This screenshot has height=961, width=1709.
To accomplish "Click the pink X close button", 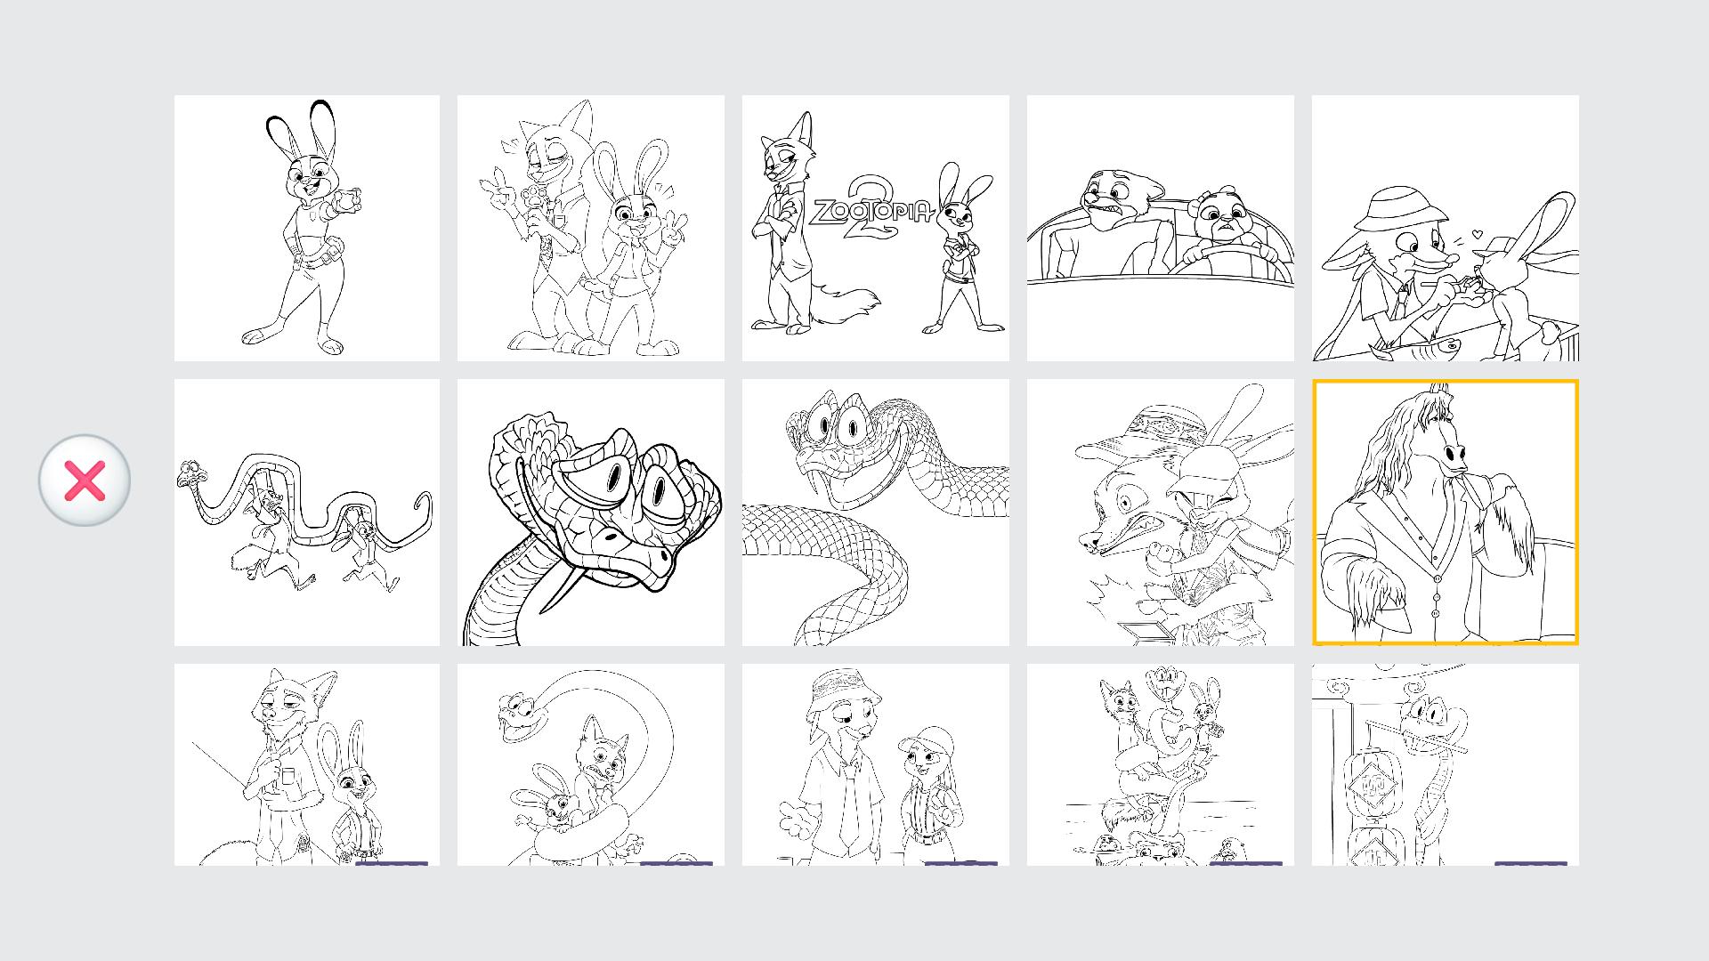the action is click(85, 480).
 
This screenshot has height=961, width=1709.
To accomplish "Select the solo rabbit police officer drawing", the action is click(307, 228).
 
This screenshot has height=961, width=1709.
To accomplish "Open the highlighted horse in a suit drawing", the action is click(1446, 513).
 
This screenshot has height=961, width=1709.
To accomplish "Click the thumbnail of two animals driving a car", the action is click(1161, 228).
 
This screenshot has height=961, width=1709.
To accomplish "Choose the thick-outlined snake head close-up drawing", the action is click(591, 513).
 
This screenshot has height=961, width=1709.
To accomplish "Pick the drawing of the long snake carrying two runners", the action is click(307, 513).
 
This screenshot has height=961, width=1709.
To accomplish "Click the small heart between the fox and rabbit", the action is click(1478, 234).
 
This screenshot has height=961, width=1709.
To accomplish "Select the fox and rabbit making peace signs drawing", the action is click(591, 228).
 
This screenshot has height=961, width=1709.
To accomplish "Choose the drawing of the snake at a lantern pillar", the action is click(1446, 764).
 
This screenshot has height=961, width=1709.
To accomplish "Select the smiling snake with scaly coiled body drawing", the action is click(876, 513).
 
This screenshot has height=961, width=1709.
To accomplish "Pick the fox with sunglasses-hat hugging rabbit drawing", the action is click(1161, 513).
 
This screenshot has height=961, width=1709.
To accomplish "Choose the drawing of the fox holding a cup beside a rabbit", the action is click(307, 764).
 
